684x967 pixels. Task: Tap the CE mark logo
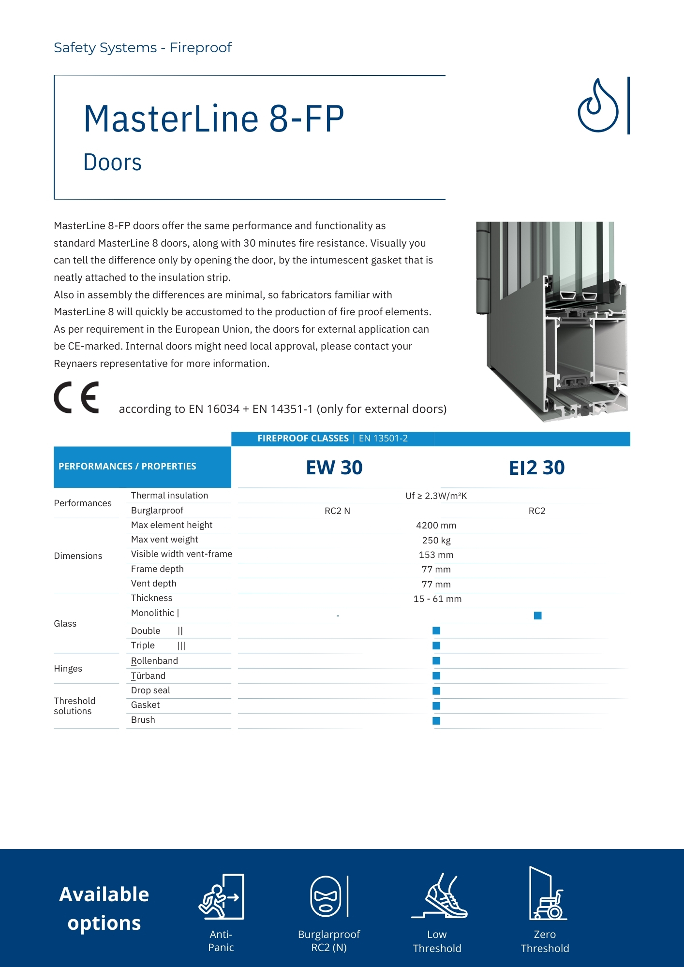pyautogui.click(x=76, y=397)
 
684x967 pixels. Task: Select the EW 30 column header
pyautogui.click(x=334, y=468)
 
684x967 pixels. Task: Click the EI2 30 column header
pyautogui.click(x=536, y=468)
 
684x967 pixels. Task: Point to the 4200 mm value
pyautogui.click(x=436, y=526)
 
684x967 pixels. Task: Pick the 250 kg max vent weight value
pyautogui.click(x=436, y=540)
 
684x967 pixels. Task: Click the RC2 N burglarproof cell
pyautogui.click(x=337, y=511)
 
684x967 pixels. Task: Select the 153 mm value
pyautogui.click(x=436, y=555)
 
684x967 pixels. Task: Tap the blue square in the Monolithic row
pyautogui.click(x=537, y=615)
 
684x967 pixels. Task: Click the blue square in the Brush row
pyautogui.click(x=436, y=721)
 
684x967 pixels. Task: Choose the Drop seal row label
pyautogui.click(x=150, y=690)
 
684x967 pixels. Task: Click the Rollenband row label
pyautogui.click(x=154, y=661)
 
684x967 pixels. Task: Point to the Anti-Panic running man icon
pyautogui.click(x=221, y=897)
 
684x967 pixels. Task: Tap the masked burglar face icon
pyautogui.click(x=326, y=896)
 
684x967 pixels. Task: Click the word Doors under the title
pyautogui.click(x=113, y=162)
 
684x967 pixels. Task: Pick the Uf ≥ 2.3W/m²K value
pyautogui.click(x=436, y=496)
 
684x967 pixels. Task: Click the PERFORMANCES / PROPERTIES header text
pyautogui.click(x=127, y=467)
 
